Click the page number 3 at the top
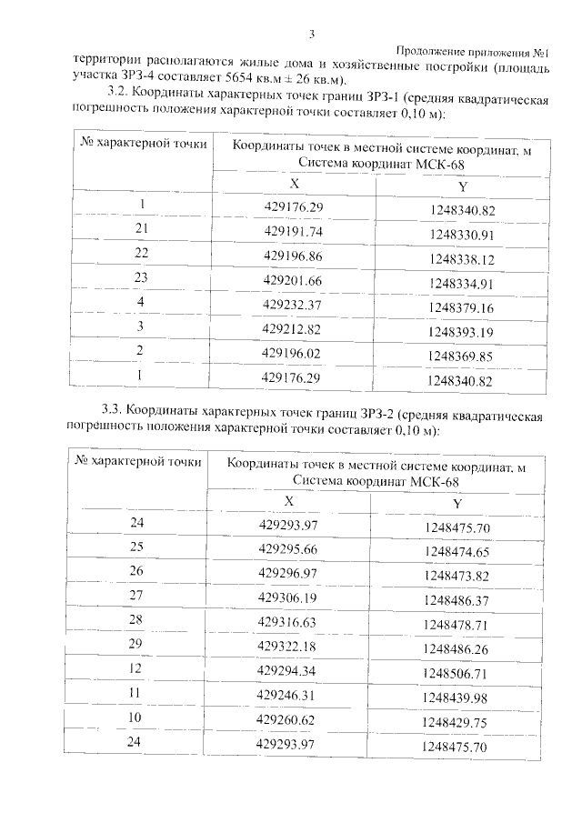(x=310, y=35)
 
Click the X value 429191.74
(x=293, y=231)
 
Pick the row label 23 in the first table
(x=142, y=278)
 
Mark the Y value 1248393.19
(x=461, y=332)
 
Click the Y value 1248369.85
(x=461, y=356)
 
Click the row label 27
(x=138, y=597)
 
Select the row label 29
(x=138, y=644)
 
